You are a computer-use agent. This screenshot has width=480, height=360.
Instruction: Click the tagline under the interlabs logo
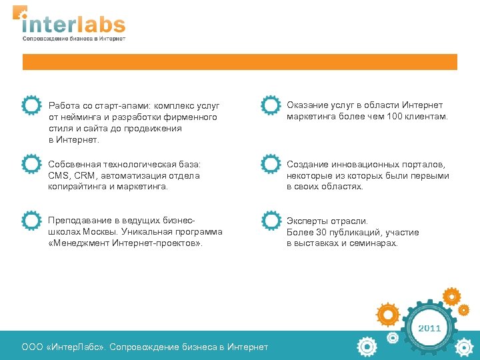coord(73,39)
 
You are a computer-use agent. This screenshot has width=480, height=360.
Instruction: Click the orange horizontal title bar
coord(240,62)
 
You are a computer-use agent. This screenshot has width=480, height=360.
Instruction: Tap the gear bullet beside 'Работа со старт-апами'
coord(31,106)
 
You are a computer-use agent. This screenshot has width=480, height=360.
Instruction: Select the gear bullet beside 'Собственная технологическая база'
coord(31,164)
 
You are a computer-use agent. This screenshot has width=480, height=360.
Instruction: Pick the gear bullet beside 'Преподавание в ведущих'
coord(31,221)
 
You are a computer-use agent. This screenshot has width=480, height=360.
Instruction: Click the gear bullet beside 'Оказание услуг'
coord(270,106)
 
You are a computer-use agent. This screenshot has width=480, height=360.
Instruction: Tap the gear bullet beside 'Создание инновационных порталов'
coord(270,164)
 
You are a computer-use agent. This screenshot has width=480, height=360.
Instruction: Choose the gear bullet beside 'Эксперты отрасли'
coord(270,221)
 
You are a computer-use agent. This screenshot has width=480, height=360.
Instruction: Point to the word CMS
coord(58,175)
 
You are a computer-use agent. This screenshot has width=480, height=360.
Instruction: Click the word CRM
coord(84,175)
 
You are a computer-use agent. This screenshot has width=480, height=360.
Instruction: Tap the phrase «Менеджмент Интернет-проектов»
coord(125,243)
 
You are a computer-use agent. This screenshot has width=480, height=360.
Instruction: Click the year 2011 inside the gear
coord(429,328)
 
